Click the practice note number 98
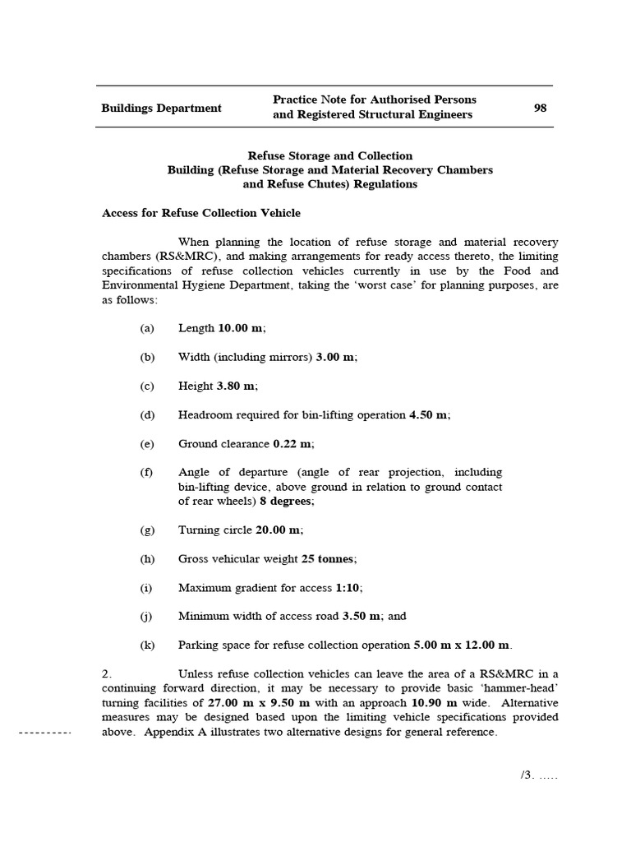[540, 108]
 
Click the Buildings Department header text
[161, 108]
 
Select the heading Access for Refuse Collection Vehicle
[200, 213]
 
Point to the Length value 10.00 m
[241, 328]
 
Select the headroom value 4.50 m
[429, 414]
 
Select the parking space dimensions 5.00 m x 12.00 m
[460, 645]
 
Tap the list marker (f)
[147, 472]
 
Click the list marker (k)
[147, 645]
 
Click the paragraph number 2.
[106, 673]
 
